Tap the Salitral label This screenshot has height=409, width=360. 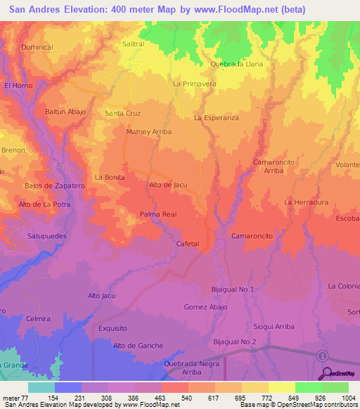(133, 43)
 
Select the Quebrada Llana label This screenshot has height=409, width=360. (236, 63)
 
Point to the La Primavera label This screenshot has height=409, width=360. (194, 84)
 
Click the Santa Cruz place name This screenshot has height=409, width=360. (122, 113)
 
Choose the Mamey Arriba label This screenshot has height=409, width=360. (148, 131)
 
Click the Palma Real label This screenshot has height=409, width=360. (157, 214)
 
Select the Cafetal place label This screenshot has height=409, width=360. (188, 243)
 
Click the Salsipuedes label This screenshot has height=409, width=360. (46, 236)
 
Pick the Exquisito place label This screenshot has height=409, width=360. (112, 327)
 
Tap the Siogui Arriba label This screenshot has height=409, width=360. (274, 325)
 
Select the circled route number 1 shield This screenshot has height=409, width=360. (322, 356)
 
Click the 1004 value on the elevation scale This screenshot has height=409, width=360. (348, 398)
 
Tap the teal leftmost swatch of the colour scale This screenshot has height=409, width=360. (41, 387)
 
